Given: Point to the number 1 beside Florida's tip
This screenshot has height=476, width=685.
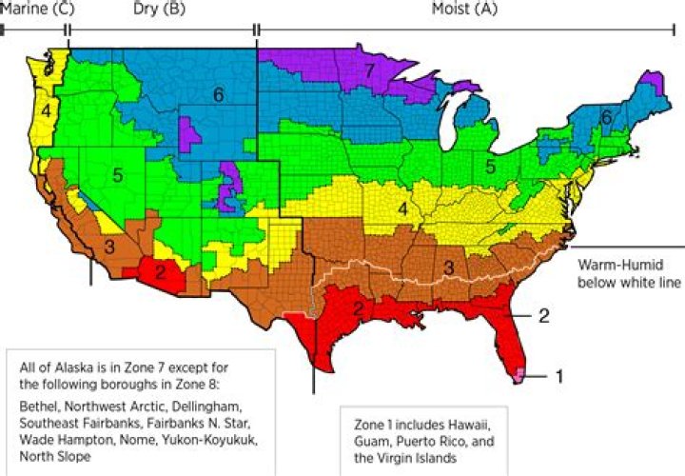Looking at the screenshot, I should point(559,376).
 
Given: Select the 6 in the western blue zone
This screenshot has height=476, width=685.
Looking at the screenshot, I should point(218,95).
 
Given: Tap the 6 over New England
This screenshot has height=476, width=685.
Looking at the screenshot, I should point(605,116).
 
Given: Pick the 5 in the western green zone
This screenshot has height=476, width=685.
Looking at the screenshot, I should point(116,175).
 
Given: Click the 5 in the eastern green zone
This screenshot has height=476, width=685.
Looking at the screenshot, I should point(489,167).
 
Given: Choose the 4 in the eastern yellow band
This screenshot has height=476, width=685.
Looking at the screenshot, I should point(403,208).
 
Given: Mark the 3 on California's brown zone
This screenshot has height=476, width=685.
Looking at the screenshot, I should point(109,248).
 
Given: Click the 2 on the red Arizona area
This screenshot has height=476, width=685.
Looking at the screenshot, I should point(161,270).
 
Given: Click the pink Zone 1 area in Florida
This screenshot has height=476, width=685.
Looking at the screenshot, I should point(520,376).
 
